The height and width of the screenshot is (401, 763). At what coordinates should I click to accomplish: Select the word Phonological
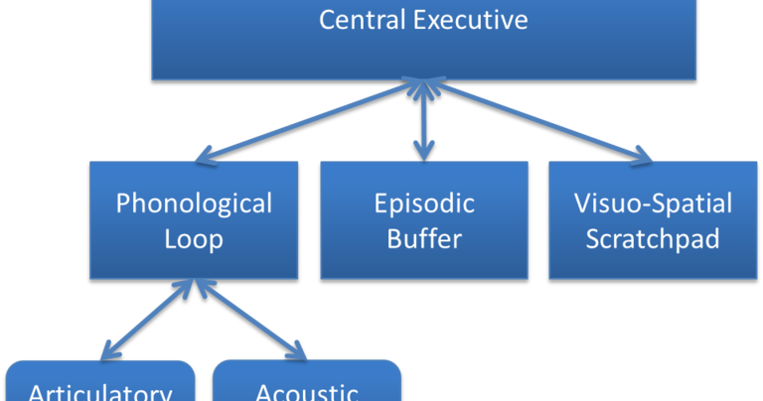(194, 204)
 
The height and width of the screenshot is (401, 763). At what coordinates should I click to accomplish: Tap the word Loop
(194, 239)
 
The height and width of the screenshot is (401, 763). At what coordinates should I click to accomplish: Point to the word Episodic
(424, 204)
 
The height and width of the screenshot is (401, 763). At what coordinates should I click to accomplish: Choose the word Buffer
(424, 239)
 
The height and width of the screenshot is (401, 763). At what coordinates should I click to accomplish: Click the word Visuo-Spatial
(653, 204)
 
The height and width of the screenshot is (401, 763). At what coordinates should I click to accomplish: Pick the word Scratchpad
(653, 239)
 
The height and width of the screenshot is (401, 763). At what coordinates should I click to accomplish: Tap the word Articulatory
(99, 392)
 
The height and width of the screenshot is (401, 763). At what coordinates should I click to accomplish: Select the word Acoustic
(307, 392)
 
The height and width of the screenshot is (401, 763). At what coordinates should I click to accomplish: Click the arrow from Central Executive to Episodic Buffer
(424, 120)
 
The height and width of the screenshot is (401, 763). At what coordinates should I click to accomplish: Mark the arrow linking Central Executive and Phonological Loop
(308, 121)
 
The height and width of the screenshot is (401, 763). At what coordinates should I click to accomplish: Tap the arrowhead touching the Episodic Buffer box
(424, 152)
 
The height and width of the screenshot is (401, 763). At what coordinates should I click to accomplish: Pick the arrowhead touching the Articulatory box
(107, 349)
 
